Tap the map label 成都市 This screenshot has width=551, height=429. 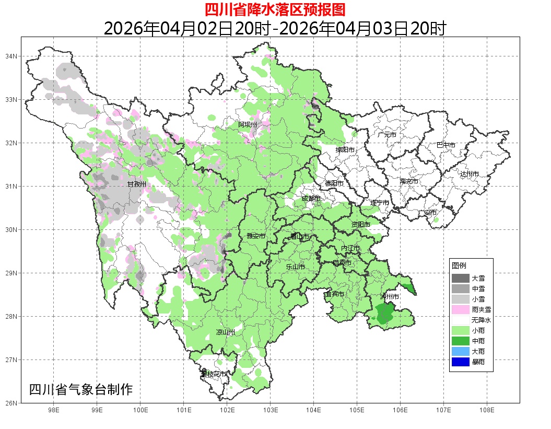[311, 199]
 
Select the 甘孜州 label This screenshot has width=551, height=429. [137, 184]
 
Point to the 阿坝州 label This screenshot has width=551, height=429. [248, 124]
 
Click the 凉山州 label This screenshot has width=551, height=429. [226, 332]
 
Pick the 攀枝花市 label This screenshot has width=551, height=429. [214, 374]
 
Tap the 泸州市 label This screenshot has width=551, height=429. [390, 296]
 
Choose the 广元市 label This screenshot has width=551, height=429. [387, 135]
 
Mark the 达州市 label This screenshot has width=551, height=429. [470, 173]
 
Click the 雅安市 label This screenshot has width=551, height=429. [256, 236]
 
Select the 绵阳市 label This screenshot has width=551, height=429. [345, 150]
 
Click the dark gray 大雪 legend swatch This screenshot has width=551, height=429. [461, 279]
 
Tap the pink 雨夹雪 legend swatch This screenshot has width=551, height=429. [461, 310]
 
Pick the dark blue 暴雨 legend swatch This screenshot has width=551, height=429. [461, 362]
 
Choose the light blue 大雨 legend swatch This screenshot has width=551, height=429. [461, 351]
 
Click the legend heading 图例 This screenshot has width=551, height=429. [459, 266]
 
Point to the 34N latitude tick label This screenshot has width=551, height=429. [11, 56]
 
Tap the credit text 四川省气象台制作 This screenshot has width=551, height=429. [81, 390]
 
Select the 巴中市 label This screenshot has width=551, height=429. [446, 145]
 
